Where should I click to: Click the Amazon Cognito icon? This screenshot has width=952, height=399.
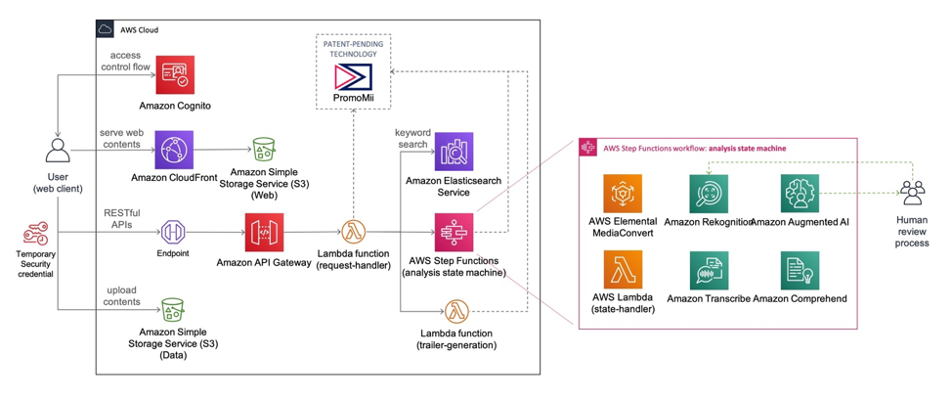(176, 74)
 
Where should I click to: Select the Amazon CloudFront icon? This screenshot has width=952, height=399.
(174, 150)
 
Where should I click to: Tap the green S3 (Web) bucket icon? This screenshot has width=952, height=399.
(264, 150)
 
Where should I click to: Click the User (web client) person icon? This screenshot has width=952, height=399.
(57, 151)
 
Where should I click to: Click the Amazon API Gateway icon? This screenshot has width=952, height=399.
(264, 233)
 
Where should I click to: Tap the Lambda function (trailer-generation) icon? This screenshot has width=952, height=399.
(455, 313)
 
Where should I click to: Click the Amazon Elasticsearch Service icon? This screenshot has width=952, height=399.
(454, 152)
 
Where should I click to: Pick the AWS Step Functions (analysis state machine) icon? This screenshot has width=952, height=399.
(454, 233)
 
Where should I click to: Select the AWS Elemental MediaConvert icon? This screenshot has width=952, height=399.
(623, 194)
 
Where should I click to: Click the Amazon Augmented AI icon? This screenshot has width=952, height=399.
(800, 194)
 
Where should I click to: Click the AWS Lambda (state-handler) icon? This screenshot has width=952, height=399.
(623, 270)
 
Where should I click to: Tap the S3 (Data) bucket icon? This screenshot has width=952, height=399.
(173, 313)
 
